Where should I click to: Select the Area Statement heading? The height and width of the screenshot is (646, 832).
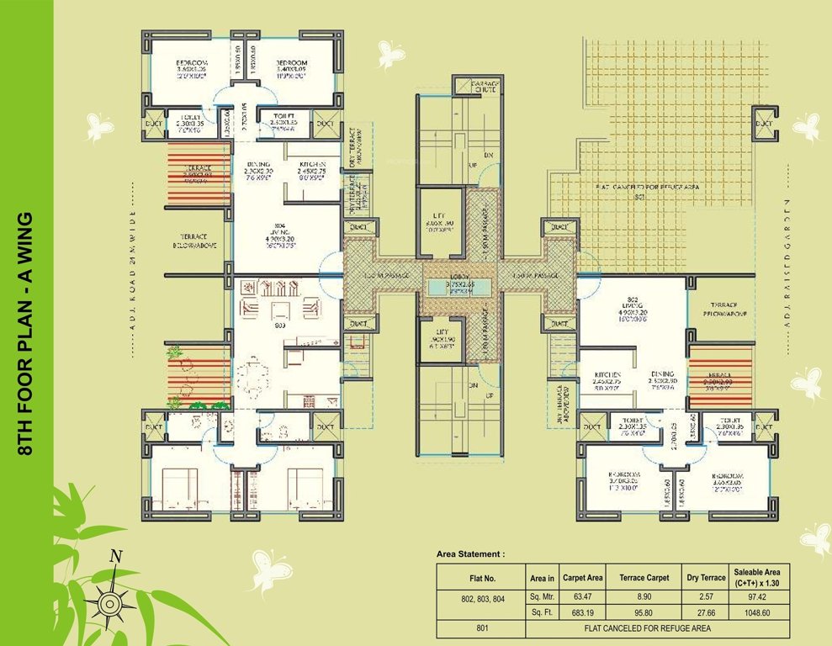click(x=471, y=554)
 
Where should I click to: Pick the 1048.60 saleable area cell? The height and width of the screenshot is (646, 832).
click(x=760, y=613)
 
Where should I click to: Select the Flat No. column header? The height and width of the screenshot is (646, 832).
click(x=482, y=578)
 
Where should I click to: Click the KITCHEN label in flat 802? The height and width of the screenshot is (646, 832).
click(x=607, y=375)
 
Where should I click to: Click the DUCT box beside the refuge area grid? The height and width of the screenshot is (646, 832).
click(x=763, y=124)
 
